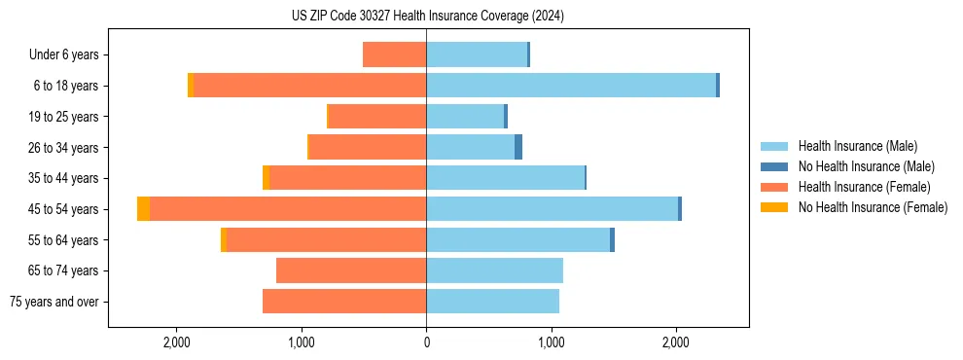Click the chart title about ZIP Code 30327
click(x=427, y=16)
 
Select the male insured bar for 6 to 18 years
click(x=571, y=86)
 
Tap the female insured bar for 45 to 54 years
click(x=288, y=209)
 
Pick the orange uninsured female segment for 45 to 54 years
click(x=144, y=209)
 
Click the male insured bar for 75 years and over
click(x=492, y=302)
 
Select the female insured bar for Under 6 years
click(x=394, y=54)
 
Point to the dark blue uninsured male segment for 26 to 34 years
click(x=518, y=147)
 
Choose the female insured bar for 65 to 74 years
click(x=351, y=270)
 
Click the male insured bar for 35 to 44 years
click(x=505, y=178)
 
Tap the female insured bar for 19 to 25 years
click(x=377, y=117)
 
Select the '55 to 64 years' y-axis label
click(x=62, y=240)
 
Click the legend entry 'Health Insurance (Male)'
click(x=857, y=146)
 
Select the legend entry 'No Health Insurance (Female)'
click(x=873, y=207)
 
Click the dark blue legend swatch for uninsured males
click(x=775, y=166)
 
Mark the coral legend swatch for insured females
click(x=775, y=187)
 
